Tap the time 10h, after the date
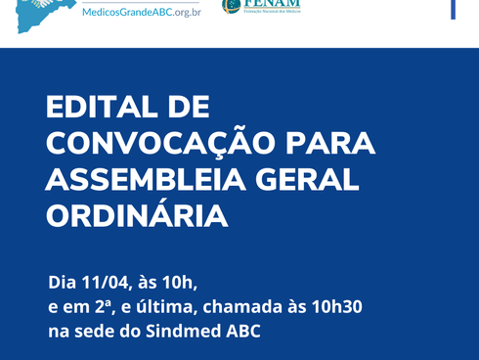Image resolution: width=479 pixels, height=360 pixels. (182, 284)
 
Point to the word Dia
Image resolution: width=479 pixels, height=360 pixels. (64, 284)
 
